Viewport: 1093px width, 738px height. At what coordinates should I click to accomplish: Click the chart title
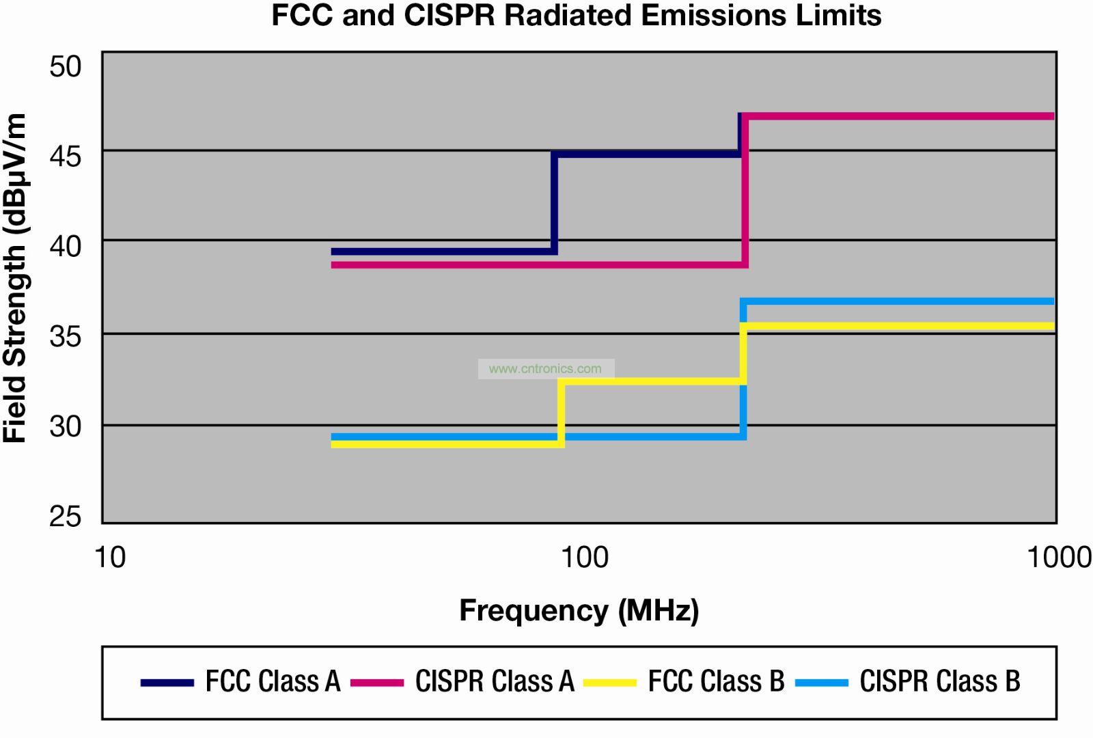[576, 15]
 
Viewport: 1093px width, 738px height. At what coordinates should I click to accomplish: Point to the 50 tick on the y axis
[66, 67]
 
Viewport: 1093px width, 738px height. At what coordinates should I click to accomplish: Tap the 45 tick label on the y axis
[66, 156]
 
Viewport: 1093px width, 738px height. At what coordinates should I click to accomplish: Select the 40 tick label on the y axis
[66, 247]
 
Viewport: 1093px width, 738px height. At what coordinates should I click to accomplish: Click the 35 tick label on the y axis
[66, 336]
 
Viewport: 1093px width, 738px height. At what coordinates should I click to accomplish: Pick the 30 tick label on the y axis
[66, 426]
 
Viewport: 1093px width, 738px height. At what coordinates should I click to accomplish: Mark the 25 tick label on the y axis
[66, 516]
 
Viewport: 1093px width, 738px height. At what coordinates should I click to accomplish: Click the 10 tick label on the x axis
[110, 558]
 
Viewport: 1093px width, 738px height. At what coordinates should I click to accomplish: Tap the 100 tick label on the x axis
[585, 558]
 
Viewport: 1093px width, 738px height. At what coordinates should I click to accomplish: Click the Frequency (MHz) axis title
[579, 610]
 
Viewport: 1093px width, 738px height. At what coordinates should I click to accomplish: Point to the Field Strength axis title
[15, 278]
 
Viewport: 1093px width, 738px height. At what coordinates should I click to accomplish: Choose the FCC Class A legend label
[273, 681]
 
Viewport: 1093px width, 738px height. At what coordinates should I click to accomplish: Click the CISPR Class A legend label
[495, 681]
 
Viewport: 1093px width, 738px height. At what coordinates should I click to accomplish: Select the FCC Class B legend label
[716, 681]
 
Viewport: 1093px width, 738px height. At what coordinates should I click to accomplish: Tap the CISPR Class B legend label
[939, 681]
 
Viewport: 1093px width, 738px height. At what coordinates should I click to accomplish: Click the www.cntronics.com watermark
[545, 369]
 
